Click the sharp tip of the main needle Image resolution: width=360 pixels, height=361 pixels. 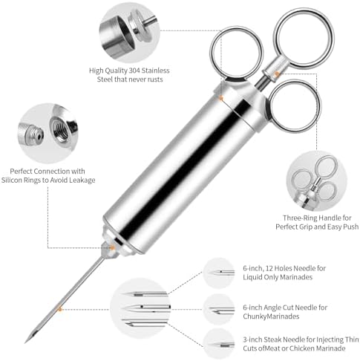click(27, 341)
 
